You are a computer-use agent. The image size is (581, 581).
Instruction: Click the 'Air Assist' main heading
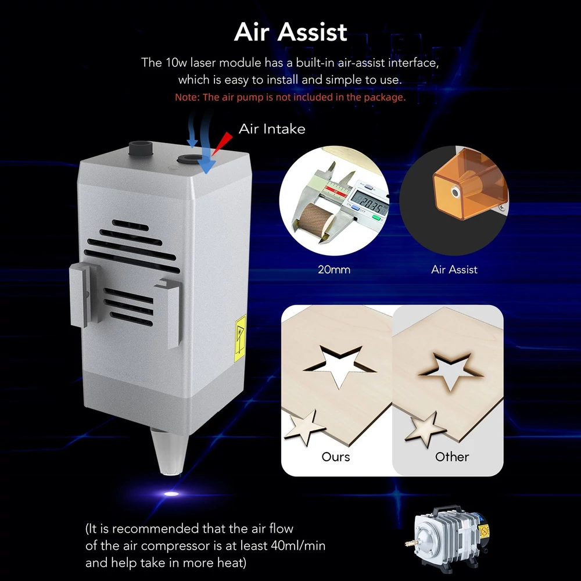[290, 32]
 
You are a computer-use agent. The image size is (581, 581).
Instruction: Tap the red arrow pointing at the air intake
[222, 144]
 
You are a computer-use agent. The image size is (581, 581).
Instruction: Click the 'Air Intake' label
[272, 129]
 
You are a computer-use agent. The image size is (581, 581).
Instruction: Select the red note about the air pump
[290, 97]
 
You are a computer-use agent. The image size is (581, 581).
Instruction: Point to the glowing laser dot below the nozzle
[171, 493]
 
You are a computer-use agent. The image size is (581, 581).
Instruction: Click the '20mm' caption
[334, 270]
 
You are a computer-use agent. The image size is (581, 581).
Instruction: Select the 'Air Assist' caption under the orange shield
[454, 270]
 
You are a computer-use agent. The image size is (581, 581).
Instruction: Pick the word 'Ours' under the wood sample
[336, 457]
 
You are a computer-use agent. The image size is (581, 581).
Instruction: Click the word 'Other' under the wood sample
[452, 457]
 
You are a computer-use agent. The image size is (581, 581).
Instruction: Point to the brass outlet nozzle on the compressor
[410, 544]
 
